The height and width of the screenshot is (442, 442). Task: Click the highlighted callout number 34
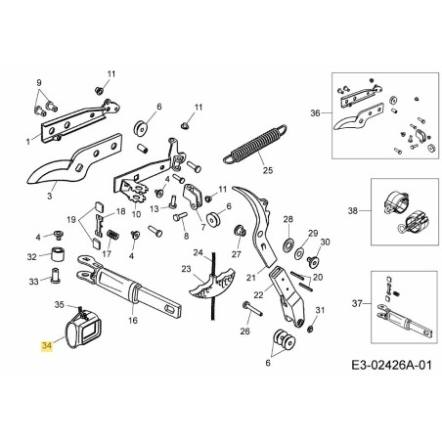coord(45,344)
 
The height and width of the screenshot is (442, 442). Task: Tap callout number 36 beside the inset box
coord(315,113)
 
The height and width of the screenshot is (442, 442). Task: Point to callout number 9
coord(39,82)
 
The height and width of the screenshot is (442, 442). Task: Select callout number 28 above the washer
coord(287,219)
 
